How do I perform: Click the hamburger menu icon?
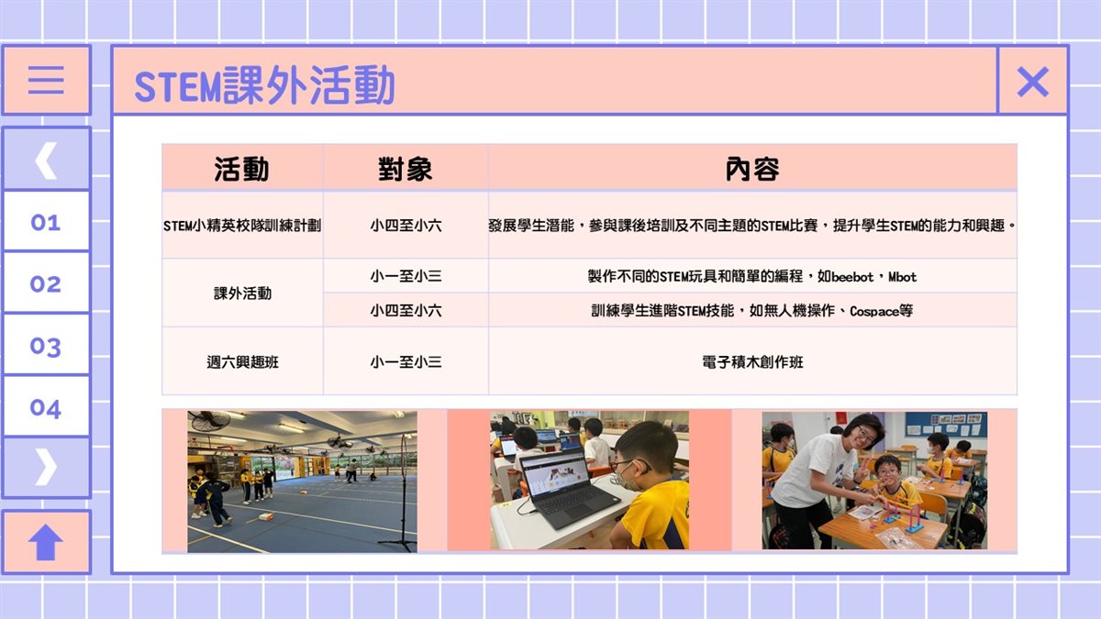(x=46, y=80)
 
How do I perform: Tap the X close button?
(x=1033, y=82)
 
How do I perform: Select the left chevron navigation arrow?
(x=46, y=160)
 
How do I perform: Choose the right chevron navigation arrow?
(x=46, y=467)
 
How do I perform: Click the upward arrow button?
(x=46, y=542)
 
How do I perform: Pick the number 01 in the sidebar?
(x=46, y=223)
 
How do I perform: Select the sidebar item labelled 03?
(x=46, y=347)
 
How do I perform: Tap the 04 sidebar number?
(x=46, y=408)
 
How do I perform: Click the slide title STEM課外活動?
(x=264, y=85)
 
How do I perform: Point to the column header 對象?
(x=406, y=169)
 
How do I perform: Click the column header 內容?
(x=752, y=169)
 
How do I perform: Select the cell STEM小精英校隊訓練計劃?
(x=242, y=226)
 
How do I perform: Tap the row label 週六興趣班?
(x=242, y=362)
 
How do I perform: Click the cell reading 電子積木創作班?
(x=752, y=362)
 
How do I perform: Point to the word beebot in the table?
(x=852, y=277)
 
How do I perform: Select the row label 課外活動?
(x=242, y=293)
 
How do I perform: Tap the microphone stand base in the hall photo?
(x=397, y=543)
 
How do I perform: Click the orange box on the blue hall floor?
(x=265, y=516)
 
